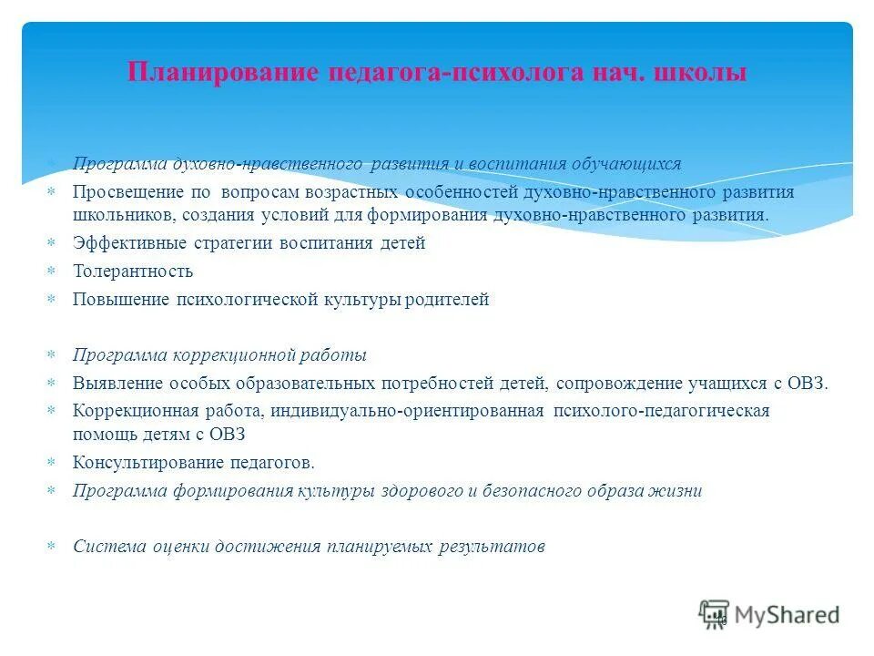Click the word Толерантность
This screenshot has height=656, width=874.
133,272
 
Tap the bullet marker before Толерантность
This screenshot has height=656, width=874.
51,272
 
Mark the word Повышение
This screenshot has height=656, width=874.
121,300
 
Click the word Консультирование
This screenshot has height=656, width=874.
142,463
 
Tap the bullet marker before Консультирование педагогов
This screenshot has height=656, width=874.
51,463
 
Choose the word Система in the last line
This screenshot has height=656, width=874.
104,547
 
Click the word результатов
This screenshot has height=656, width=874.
493,547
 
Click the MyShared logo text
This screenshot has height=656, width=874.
788,615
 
